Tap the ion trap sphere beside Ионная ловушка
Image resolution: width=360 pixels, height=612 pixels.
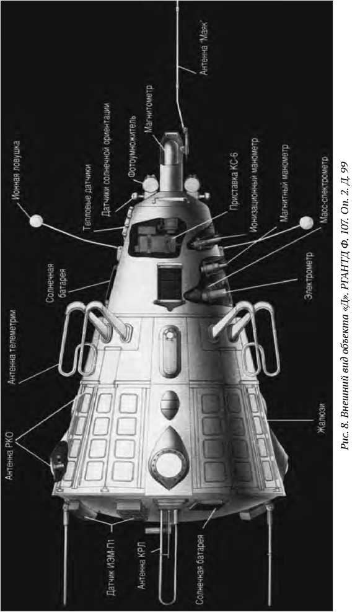[37, 221]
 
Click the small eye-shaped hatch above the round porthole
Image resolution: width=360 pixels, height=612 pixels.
[170, 404]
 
